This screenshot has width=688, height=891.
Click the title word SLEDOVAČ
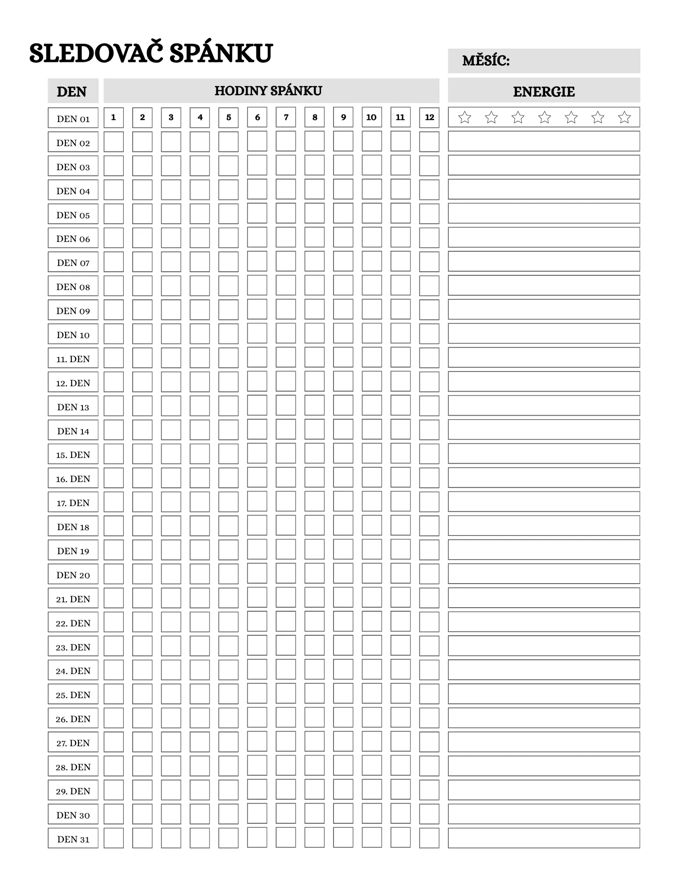pyautogui.click(x=95, y=53)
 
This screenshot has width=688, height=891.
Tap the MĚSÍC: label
pyautogui.click(x=485, y=61)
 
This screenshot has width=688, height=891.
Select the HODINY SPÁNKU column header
pyautogui.click(x=268, y=91)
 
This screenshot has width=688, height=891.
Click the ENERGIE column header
pyautogui.click(x=543, y=92)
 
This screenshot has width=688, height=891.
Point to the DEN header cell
pyautogui.click(x=72, y=92)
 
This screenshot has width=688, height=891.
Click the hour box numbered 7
pyautogui.click(x=286, y=118)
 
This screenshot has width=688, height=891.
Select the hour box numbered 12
pyautogui.click(x=429, y=118)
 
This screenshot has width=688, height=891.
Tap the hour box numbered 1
pyautogui.click(x=114, y=118)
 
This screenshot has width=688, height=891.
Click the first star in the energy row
pyautogui.click(x=464, y=118)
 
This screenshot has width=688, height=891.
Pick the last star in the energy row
pyautogui.click(x=624, y=118)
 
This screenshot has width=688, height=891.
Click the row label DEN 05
pyautogui.click(x=73, y=214)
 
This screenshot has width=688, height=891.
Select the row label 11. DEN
pyautogui.click(x=73, y=358)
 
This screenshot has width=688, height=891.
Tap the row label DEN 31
pyautogui.click(x=73, y=838)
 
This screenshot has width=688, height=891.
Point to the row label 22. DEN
pyautogui.click(x=73, y=622)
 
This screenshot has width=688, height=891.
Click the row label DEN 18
pyautogui.click(x=73, y=526)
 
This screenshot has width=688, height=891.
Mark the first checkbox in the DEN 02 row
pyautogui.click(x=114, y=142)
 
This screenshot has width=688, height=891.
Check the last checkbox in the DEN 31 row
pyautogui.click(x=429, y=838)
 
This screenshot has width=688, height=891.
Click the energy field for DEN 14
pyautogui.click(x=543, y=430)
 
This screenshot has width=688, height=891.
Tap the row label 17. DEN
pyautogui.click(x=73, y=502)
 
